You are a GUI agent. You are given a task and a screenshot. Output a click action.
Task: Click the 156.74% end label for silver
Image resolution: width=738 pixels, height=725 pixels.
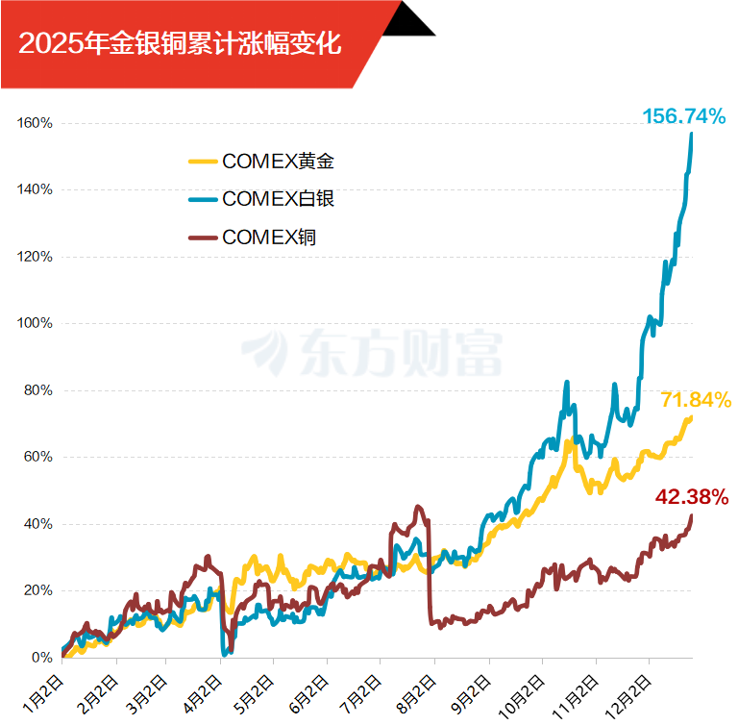tap(683, 116)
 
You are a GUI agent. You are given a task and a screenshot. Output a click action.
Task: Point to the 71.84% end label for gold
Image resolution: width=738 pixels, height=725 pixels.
tap(696, 400)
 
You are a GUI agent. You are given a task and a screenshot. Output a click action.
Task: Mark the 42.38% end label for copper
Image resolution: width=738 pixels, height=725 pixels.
tap(692, 497)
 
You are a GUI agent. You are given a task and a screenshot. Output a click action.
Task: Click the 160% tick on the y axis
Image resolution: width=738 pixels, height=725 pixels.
tap(35, 123)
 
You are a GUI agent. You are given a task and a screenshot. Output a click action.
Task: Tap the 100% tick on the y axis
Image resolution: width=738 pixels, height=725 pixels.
tap(35, 323)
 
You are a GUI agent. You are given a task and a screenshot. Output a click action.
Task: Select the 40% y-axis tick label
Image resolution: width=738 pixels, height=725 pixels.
tap(37, 524)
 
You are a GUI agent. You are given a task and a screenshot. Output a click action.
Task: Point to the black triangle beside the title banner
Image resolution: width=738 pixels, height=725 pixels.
tap(410, 19)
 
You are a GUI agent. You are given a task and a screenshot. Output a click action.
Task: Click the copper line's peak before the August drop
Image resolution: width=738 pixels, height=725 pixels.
tap(417, 507)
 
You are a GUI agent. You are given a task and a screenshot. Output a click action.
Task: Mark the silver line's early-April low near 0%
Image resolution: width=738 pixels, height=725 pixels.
tap(224, 653)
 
